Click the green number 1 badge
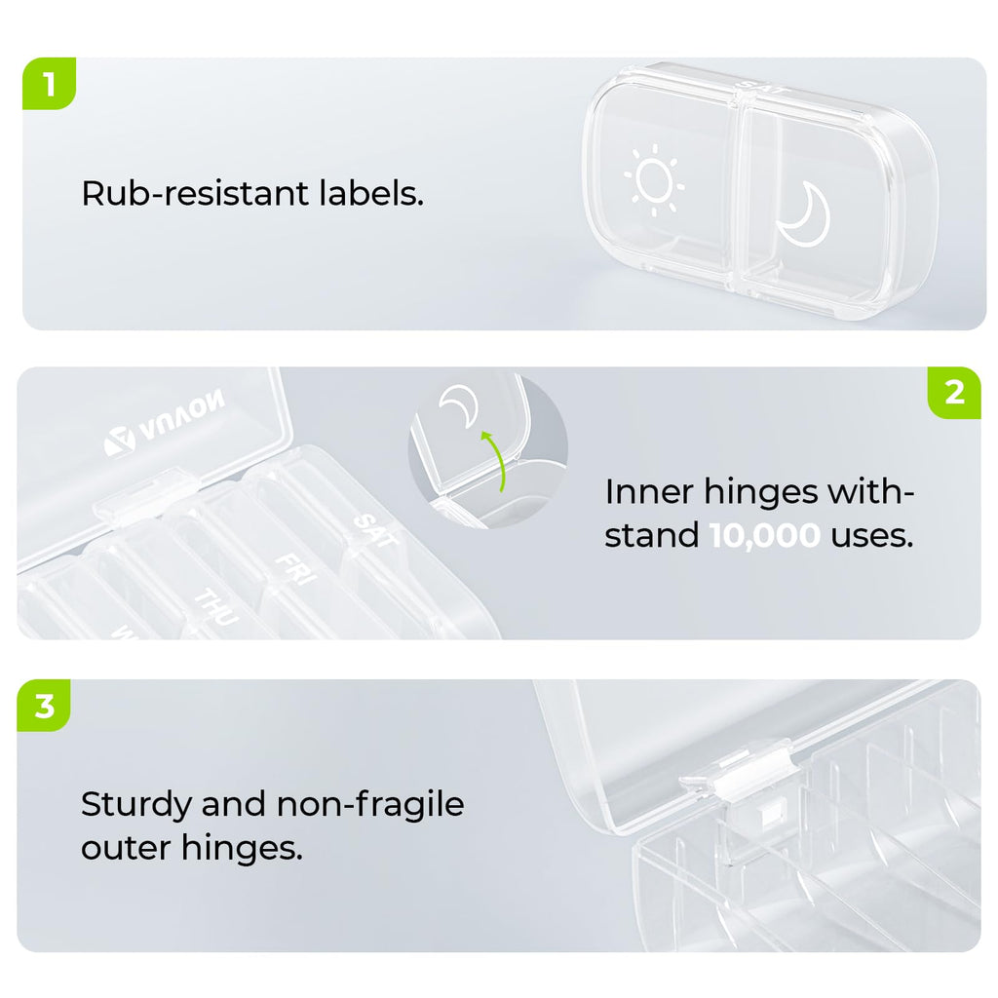[49, 84]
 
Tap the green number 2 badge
[954, 393]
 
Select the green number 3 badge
[44, 706]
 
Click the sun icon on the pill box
[654, 179]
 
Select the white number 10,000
[764, 535]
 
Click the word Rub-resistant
[195, 193]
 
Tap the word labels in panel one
[370, 193]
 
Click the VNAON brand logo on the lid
[165, 423]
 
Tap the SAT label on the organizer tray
[375, 531]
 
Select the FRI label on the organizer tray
[295, 569]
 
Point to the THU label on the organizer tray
[216, 606]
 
